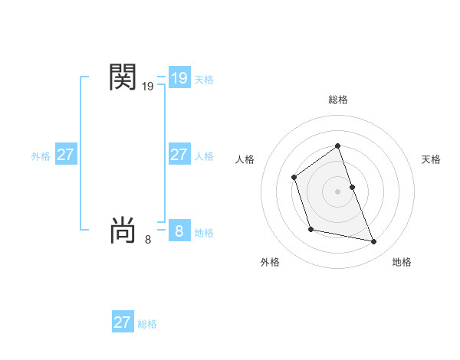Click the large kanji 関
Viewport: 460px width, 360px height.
123,77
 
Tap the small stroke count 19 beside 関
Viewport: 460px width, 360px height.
148,87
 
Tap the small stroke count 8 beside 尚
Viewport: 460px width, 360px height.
148,240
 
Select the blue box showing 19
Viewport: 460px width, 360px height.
179,78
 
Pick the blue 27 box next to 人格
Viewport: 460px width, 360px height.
179,155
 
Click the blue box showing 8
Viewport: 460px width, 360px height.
179,231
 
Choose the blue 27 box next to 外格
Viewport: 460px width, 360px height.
65,155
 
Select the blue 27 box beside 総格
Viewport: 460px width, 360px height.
123,322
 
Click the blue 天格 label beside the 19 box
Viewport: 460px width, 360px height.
204,80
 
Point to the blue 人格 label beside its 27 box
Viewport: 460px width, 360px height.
204,156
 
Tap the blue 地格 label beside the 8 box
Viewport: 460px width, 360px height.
204,233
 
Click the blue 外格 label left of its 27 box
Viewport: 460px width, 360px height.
41,156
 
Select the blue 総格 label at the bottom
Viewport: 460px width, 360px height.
147,324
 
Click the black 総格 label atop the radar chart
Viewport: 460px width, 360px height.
338,100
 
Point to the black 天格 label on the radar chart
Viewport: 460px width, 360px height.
432,159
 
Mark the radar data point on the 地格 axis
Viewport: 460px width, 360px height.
374,242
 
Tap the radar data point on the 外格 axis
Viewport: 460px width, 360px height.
310,229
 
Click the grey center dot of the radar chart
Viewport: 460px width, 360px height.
338,190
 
